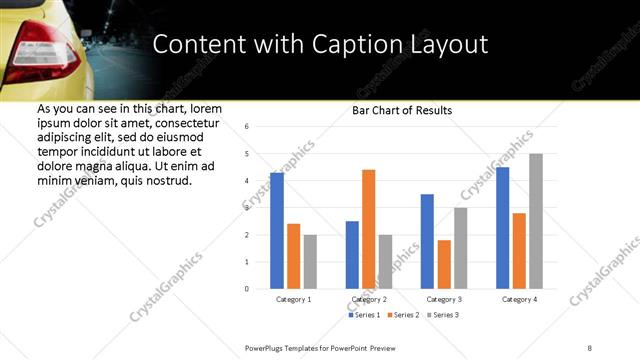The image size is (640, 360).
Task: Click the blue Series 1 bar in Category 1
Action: point(277,231)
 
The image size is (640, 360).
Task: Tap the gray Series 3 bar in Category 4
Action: point(535,221)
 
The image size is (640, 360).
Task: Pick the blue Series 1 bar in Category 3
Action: point(427,241)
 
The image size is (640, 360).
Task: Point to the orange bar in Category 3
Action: point(444,264)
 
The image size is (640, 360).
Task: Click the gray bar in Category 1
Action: point(310,262)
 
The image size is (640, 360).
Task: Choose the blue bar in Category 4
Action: point(502,228)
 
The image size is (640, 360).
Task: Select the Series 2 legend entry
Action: point(402,315)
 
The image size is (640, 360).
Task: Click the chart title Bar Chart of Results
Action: point(402,110)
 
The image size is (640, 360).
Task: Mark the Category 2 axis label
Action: point(369,299)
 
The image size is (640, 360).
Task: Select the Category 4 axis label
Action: point(519,299)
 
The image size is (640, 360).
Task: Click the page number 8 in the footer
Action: point(590,347)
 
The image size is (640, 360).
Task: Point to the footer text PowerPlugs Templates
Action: point(290,347)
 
